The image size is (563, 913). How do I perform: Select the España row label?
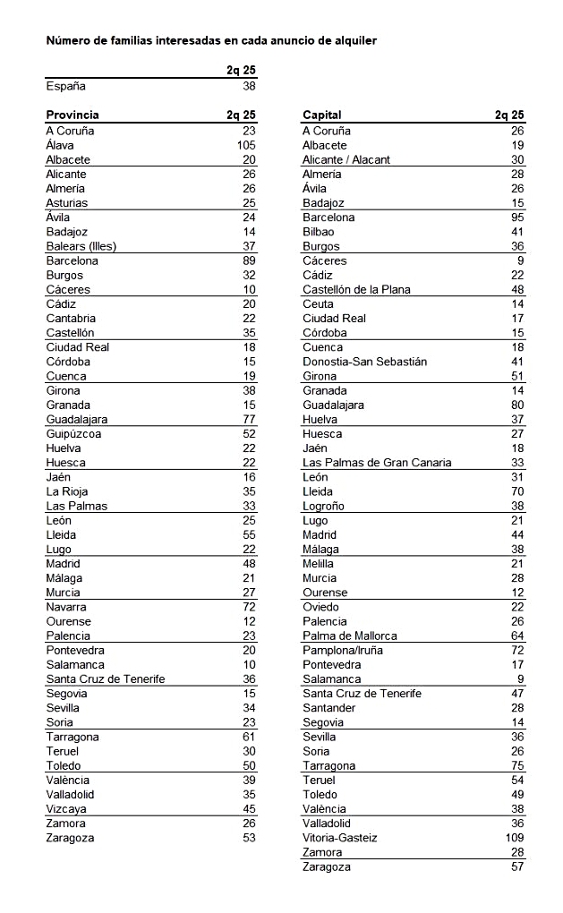66,87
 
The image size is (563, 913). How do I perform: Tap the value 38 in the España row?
249,87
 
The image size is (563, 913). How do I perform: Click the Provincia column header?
73,115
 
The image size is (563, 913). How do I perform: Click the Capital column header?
322,115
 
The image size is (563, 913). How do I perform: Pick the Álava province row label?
60,145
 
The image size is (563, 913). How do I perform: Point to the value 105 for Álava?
246,145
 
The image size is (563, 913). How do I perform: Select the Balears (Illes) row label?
81,246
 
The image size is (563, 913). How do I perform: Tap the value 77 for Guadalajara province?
249,419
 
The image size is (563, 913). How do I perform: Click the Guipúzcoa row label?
73,433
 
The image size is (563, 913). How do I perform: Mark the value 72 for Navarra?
249,607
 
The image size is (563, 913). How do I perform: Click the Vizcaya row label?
67,809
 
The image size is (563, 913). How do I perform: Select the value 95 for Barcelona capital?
517,218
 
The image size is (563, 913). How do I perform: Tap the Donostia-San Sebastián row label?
365,362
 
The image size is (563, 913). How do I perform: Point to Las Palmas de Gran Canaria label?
377,463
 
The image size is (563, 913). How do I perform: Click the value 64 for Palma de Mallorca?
517,636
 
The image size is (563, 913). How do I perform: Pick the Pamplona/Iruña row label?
343,650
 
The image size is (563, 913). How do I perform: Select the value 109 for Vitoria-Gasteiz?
515,838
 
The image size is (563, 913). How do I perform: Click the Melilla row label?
319,564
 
